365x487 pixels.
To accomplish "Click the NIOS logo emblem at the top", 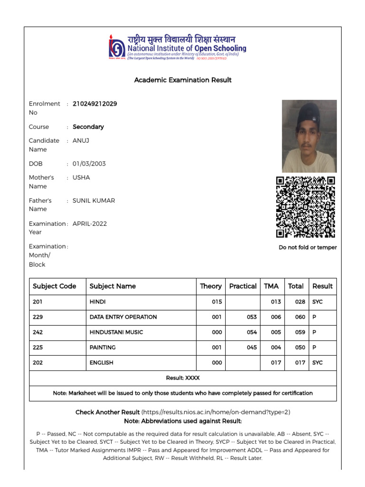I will pos(117,46).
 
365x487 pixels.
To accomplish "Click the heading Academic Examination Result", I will pos(182,80).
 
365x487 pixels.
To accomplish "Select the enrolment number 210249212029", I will pos(95,104).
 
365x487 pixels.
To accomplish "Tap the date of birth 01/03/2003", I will pos(89,164).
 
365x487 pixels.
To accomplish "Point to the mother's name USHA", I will pos(81,177).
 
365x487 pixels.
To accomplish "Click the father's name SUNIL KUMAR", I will pos(94,201).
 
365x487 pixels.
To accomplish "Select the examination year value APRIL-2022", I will pos(89,224).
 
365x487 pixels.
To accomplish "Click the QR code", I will pos(306,207).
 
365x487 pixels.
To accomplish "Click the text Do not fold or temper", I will pos(307,247).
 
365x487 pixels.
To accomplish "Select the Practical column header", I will pos(242,286).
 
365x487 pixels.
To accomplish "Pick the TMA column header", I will pos(271,286).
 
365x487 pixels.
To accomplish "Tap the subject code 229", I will pos(38,317).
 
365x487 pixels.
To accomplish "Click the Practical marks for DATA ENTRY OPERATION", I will pos(251,317).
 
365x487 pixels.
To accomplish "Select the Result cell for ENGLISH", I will pos(317,363).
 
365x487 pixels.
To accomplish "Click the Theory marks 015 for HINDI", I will pos(217,302).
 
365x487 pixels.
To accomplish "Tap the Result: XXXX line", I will pos(182,378).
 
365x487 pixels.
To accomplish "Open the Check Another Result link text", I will pos(107,412).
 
